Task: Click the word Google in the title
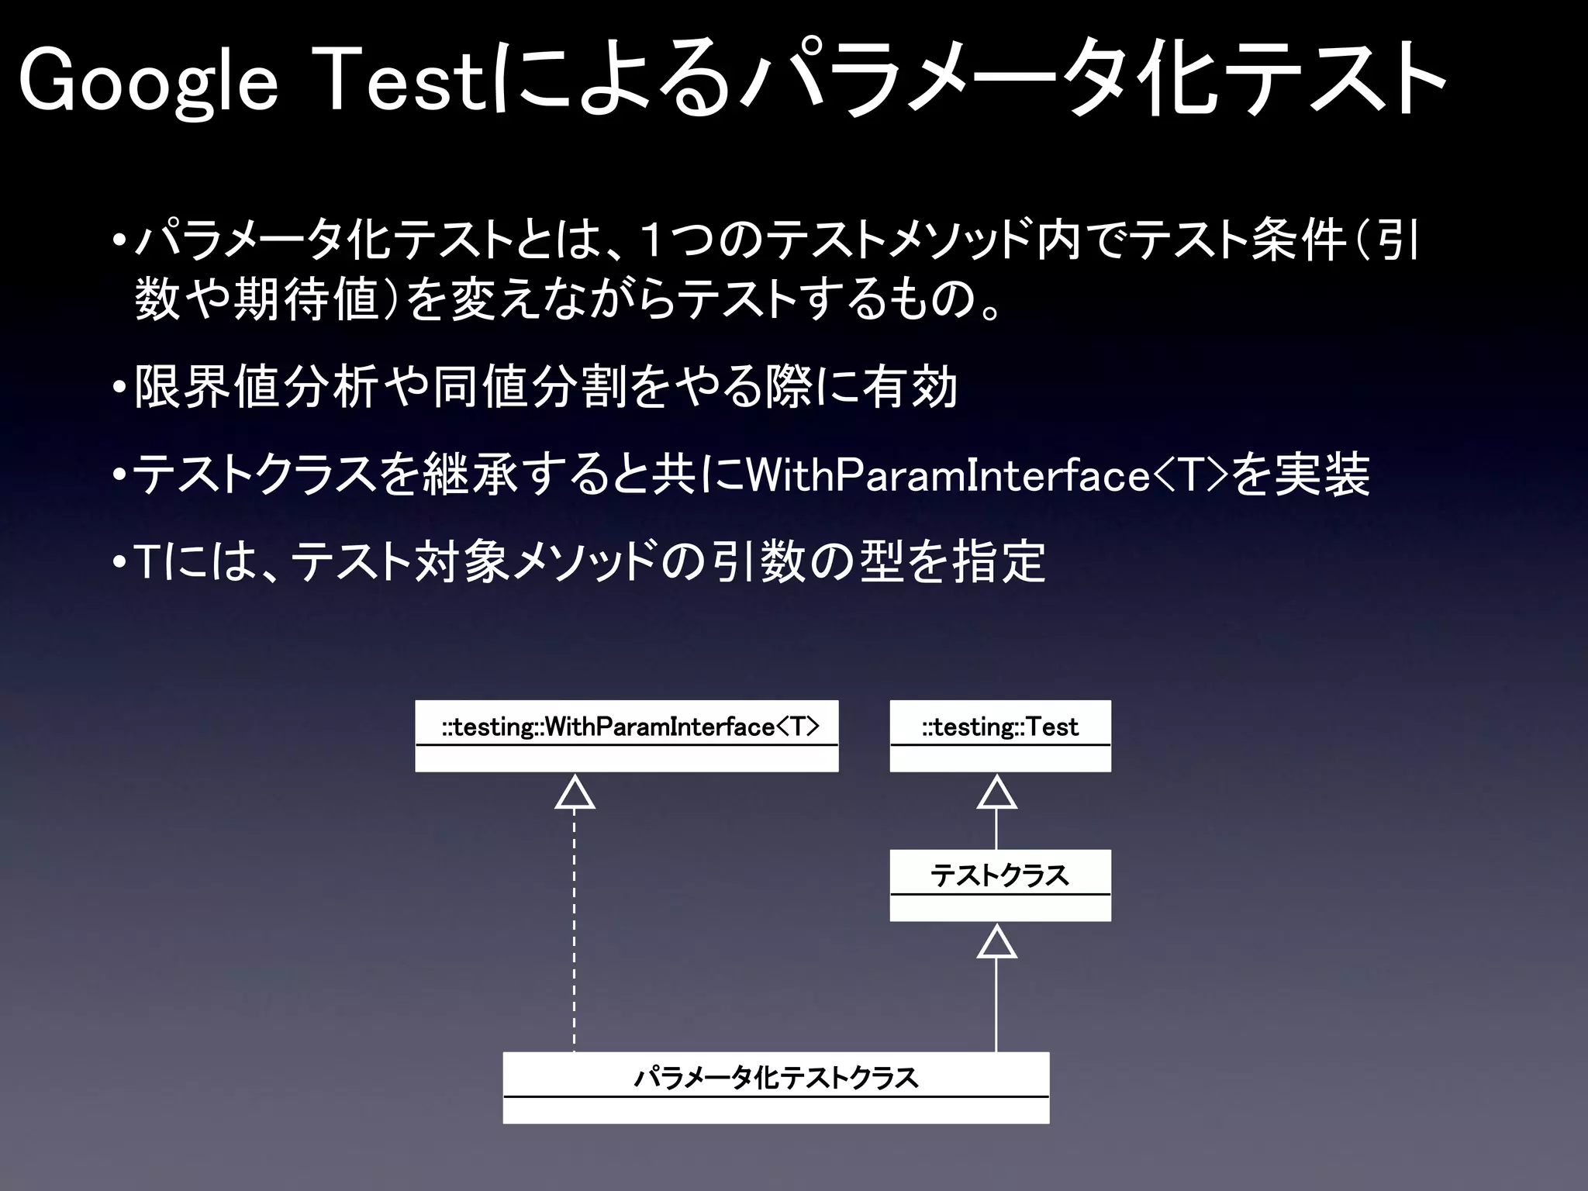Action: click(147, 82)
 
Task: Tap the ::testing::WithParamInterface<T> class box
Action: click(627, 735)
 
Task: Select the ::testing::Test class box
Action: click(999, 735)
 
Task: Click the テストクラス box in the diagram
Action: click(999, 885)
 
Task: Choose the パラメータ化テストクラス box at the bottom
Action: click(775, 1087)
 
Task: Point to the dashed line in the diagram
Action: click(575, 930)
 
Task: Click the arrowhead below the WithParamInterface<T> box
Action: click(575, 793)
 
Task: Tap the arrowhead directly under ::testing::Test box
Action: click(996, 793)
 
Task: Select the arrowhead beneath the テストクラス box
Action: click(996, 943)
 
